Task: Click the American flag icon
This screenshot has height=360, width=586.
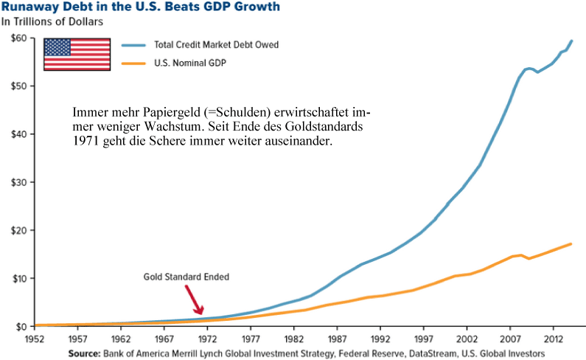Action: [77, 53]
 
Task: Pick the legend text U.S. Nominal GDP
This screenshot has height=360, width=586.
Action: [189, 63]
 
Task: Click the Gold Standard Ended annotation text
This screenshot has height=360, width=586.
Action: [186, 277]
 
